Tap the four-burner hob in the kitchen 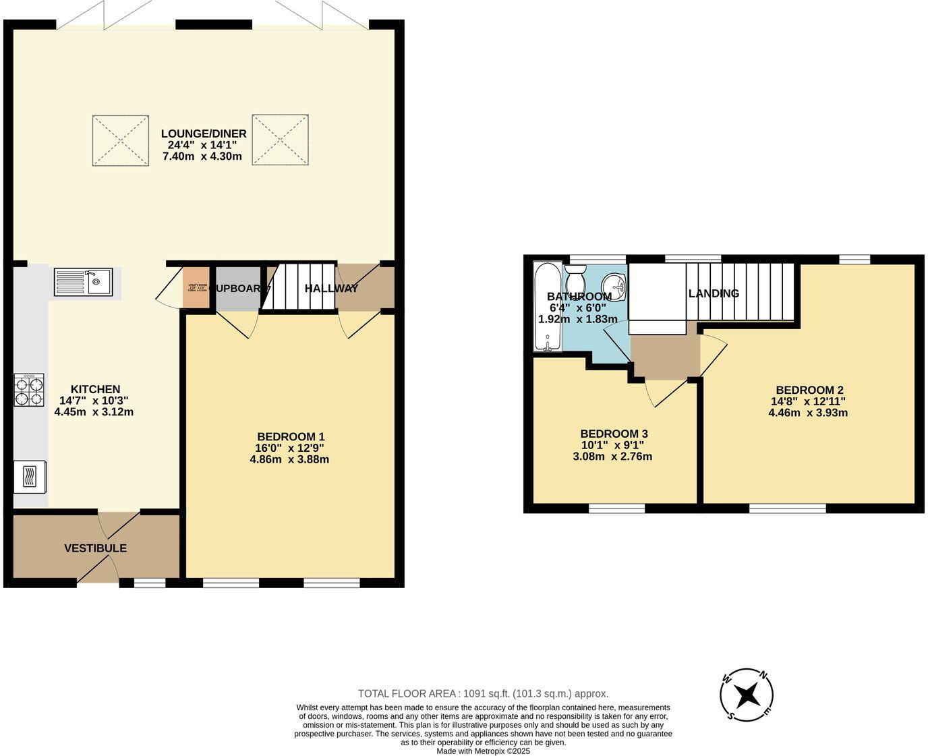29,390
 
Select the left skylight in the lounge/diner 121,140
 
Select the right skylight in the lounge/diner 281,140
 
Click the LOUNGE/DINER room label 203,134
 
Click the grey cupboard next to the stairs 237,289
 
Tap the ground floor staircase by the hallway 298,287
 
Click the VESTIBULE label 95,548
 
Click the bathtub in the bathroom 547,308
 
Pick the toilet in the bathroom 575,277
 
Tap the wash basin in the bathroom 614,286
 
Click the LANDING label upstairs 714,293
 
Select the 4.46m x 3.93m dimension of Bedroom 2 808,412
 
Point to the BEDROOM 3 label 614,434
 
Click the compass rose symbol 747,695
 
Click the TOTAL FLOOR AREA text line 483,693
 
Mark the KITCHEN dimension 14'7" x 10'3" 94,401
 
